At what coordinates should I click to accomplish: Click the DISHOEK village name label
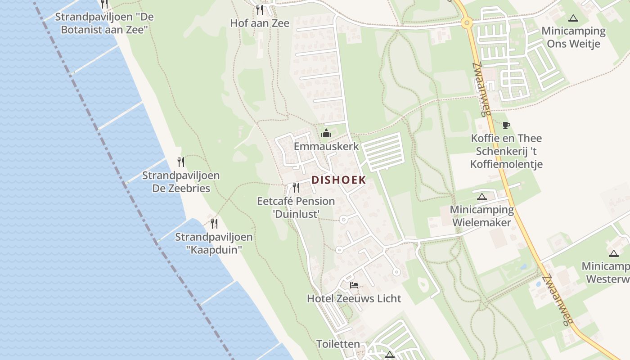(x=338, y=180)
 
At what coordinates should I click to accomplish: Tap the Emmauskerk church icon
(x=326, y=133)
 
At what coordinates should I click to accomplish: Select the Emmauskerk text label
(x=326, y=146)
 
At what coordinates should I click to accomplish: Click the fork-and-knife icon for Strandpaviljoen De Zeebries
(x=180, y=162)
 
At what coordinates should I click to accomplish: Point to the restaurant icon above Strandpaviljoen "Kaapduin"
(x=214, y=223)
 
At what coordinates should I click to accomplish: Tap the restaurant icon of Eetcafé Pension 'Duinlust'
(x=296, y=187)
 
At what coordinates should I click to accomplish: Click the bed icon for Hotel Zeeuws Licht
(x=354, y=285)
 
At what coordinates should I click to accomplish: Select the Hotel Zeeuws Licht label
(x=354, y=298)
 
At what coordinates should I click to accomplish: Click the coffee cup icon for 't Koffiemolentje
(x=506, y=125)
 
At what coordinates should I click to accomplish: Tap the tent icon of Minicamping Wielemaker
(x=482, y=197)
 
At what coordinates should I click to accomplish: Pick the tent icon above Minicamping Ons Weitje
(x=573, y=18)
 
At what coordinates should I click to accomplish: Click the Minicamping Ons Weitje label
(x=573, y=37)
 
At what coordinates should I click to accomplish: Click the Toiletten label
(x=338, y=344)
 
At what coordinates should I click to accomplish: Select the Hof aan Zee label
(x=260, y=23)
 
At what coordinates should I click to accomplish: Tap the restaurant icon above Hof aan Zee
(x=259, y=9)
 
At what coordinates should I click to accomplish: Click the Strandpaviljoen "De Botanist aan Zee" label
(x=104, y=23)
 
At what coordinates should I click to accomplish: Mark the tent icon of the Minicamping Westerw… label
(x=614, y=253)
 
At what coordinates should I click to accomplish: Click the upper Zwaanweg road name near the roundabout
(x=481, y=89)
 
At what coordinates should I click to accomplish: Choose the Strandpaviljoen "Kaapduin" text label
(x=214, y=243)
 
